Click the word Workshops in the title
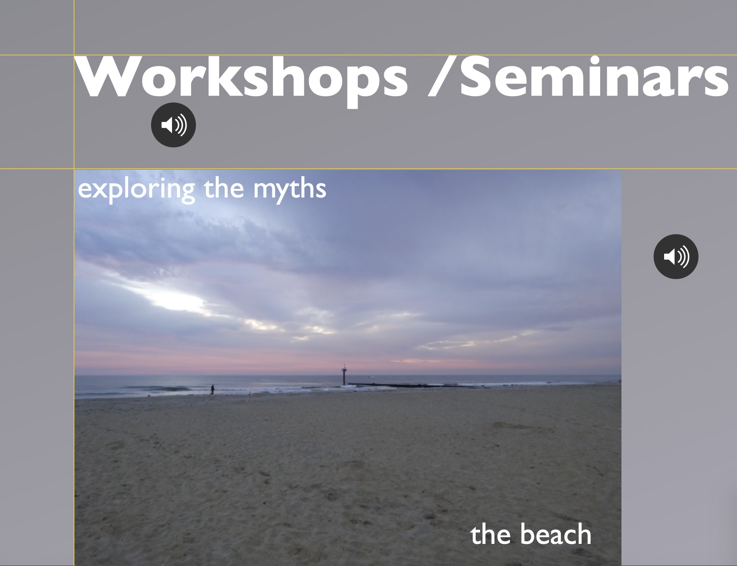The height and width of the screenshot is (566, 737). click(x=242, y=79)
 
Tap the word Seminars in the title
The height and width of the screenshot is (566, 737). click(x=594, y=77)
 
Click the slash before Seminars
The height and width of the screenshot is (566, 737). click(x=442, y=77)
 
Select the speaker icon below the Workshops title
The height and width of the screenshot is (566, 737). click(x=173, y=125)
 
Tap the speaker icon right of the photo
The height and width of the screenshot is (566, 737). click(x=676, y=257)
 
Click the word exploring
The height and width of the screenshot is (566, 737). click(x=136, y=190)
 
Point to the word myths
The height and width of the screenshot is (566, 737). click(x=290, y=190)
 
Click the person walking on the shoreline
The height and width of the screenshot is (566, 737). click(x=212, y=389)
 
